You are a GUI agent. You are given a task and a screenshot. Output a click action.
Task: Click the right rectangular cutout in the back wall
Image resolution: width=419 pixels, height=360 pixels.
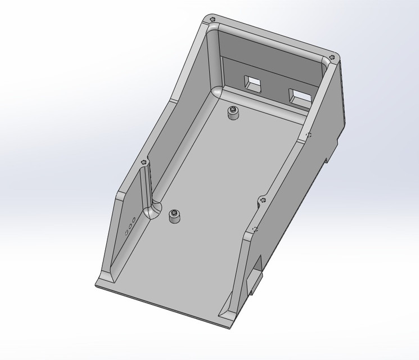[x=299, y=96]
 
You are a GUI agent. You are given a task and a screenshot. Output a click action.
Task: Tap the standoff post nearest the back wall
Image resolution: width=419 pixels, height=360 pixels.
[x=233, y=113]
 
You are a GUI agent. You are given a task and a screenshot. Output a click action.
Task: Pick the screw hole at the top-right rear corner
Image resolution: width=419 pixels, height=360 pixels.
[x=333, y=57]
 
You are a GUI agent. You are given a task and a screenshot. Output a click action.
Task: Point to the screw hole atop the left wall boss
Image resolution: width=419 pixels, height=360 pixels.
[x=143, y=162]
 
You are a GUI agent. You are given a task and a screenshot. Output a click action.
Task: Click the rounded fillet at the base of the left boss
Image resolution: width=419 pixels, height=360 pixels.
[x=152, y=211]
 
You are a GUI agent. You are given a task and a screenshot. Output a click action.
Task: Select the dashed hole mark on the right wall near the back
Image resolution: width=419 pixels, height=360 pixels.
[x=308, y=134]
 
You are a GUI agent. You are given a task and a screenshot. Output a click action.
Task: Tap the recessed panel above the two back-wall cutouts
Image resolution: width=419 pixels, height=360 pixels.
[x=270, y=64]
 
